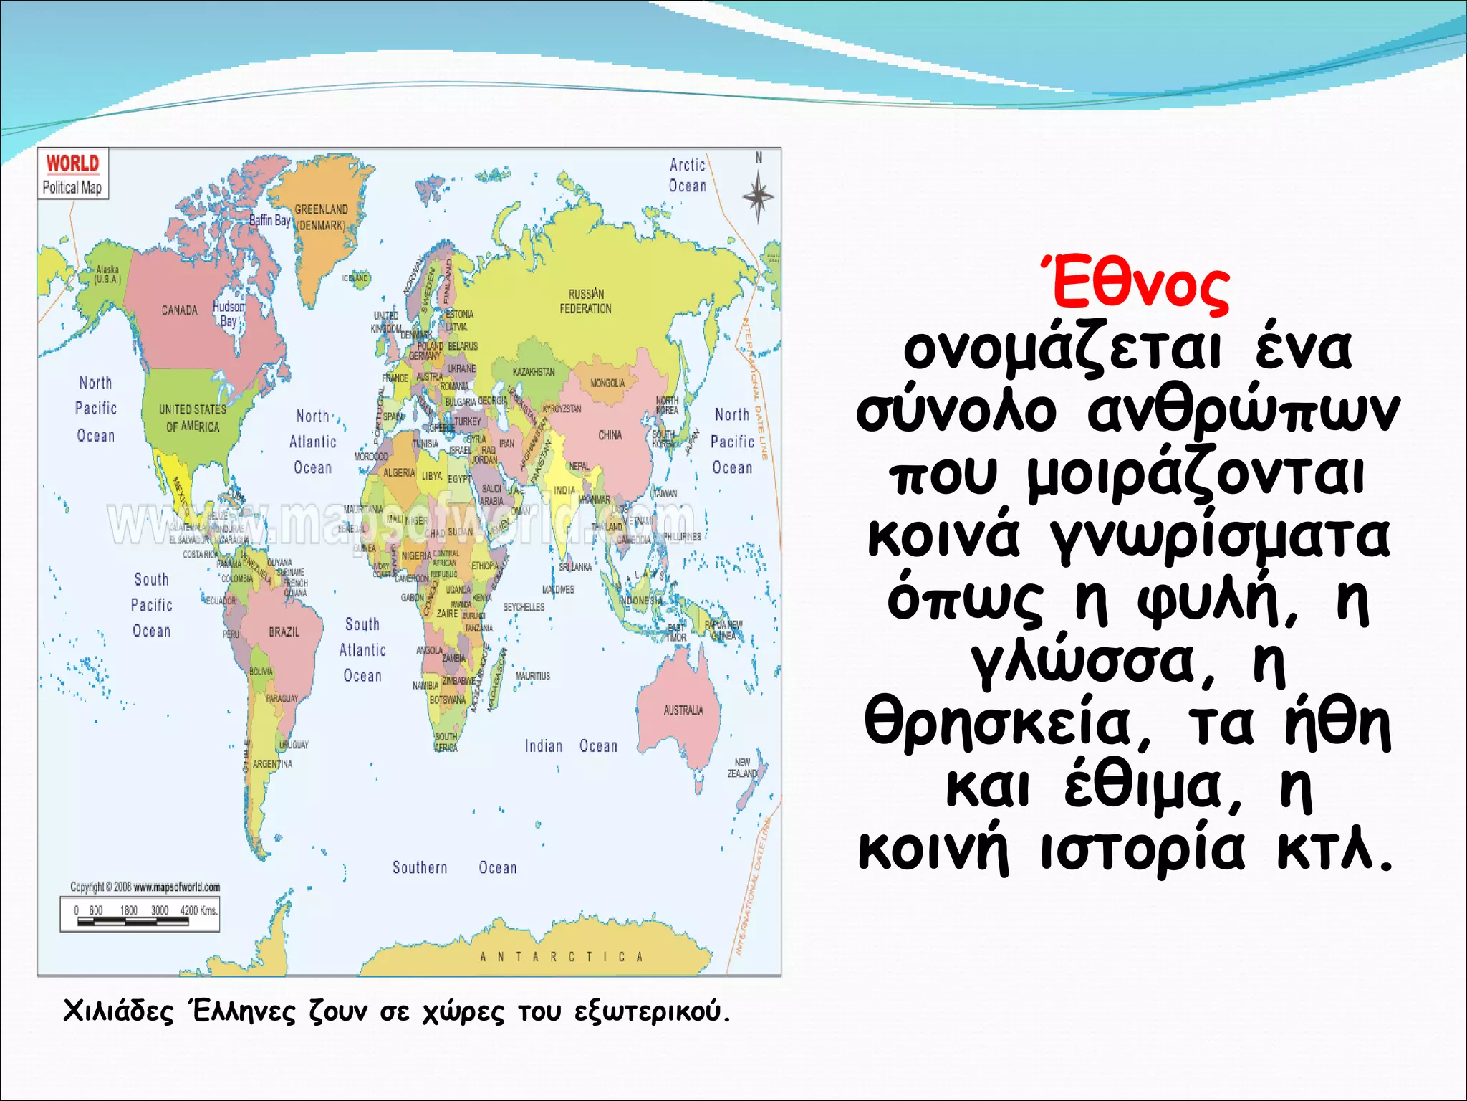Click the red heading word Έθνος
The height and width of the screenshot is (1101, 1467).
point(1135,285)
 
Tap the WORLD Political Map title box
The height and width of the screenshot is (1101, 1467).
point(72,174)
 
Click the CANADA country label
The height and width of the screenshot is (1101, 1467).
point(179,310)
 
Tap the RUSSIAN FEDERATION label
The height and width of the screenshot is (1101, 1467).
point(586,301)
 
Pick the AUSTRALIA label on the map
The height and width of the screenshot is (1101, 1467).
point(683,710)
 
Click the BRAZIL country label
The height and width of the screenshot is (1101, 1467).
point(284,631)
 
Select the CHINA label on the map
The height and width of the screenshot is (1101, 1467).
point(610,435)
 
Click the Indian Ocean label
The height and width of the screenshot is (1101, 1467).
point(570,746)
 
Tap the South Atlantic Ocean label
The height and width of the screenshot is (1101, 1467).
point(362,650)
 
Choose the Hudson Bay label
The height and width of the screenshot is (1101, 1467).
point(229,313)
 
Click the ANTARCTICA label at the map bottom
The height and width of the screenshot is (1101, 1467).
point(561,956)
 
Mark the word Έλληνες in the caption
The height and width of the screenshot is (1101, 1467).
point(243,1011)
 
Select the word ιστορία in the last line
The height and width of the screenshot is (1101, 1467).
point(1143,850)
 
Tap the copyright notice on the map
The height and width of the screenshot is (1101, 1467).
point(145,887)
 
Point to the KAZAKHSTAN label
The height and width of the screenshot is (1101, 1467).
point(534,372)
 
